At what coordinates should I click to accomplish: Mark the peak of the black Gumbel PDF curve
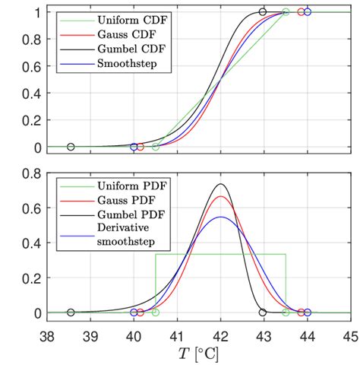click(x=220, y=184)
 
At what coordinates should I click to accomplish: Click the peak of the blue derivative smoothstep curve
click(x=220, y=217)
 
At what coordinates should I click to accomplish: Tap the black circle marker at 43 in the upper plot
click(x=263, y=12)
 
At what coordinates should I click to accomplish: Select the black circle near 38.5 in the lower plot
click(x=71, y=313)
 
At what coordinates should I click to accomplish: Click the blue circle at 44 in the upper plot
click(x=307, y=12)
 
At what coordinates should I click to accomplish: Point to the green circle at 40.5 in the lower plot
click(x=156, y=313)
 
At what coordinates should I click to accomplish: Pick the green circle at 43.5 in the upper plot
click(x=286, y=12)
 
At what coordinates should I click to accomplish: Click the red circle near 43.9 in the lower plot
click(x=301, y=313)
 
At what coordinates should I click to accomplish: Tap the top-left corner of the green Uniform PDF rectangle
click(x=156, y=254)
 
